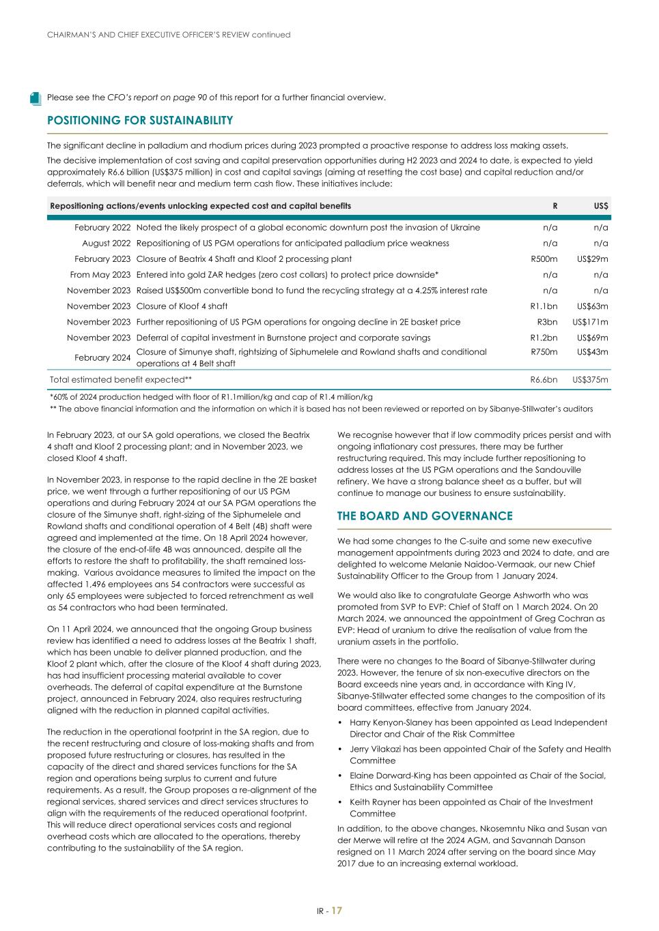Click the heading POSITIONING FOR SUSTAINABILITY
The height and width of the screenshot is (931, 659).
[140, 121]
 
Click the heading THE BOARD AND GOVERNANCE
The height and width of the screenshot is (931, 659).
[425, 516]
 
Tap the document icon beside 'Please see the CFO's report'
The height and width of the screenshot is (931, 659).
[36, 98]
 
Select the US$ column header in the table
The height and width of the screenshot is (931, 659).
[601, 206]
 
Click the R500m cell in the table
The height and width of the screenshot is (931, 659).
[544, 259]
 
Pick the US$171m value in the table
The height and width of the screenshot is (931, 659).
[590, 322]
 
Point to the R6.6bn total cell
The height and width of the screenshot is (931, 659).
[544, 380]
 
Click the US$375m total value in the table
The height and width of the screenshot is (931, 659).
[590, 380]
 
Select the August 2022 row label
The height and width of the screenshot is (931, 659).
[106, 243]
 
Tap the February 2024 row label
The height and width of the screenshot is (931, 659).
[102, 357]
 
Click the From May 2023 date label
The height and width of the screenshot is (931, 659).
[100, 275]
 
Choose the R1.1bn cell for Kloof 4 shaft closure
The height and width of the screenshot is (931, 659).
[544, 306]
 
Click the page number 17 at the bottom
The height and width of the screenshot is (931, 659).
[337, 911]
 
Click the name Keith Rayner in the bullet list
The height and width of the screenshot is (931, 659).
[375, 802]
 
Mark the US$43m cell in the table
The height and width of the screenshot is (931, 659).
[592, 352]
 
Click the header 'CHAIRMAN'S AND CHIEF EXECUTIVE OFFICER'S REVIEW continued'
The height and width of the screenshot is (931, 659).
[169, 35]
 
